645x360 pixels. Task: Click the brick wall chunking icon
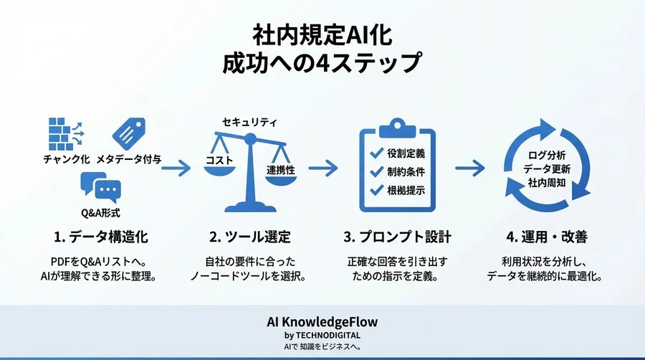[63, 131]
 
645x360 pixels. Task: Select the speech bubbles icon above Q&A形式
[100, 189]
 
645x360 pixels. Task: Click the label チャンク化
[67, 159]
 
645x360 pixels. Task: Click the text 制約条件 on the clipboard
[406, 172]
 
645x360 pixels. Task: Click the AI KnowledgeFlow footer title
[322, 322]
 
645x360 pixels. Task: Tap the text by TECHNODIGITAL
[322, 335]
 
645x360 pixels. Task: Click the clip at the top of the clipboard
[396, 127]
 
